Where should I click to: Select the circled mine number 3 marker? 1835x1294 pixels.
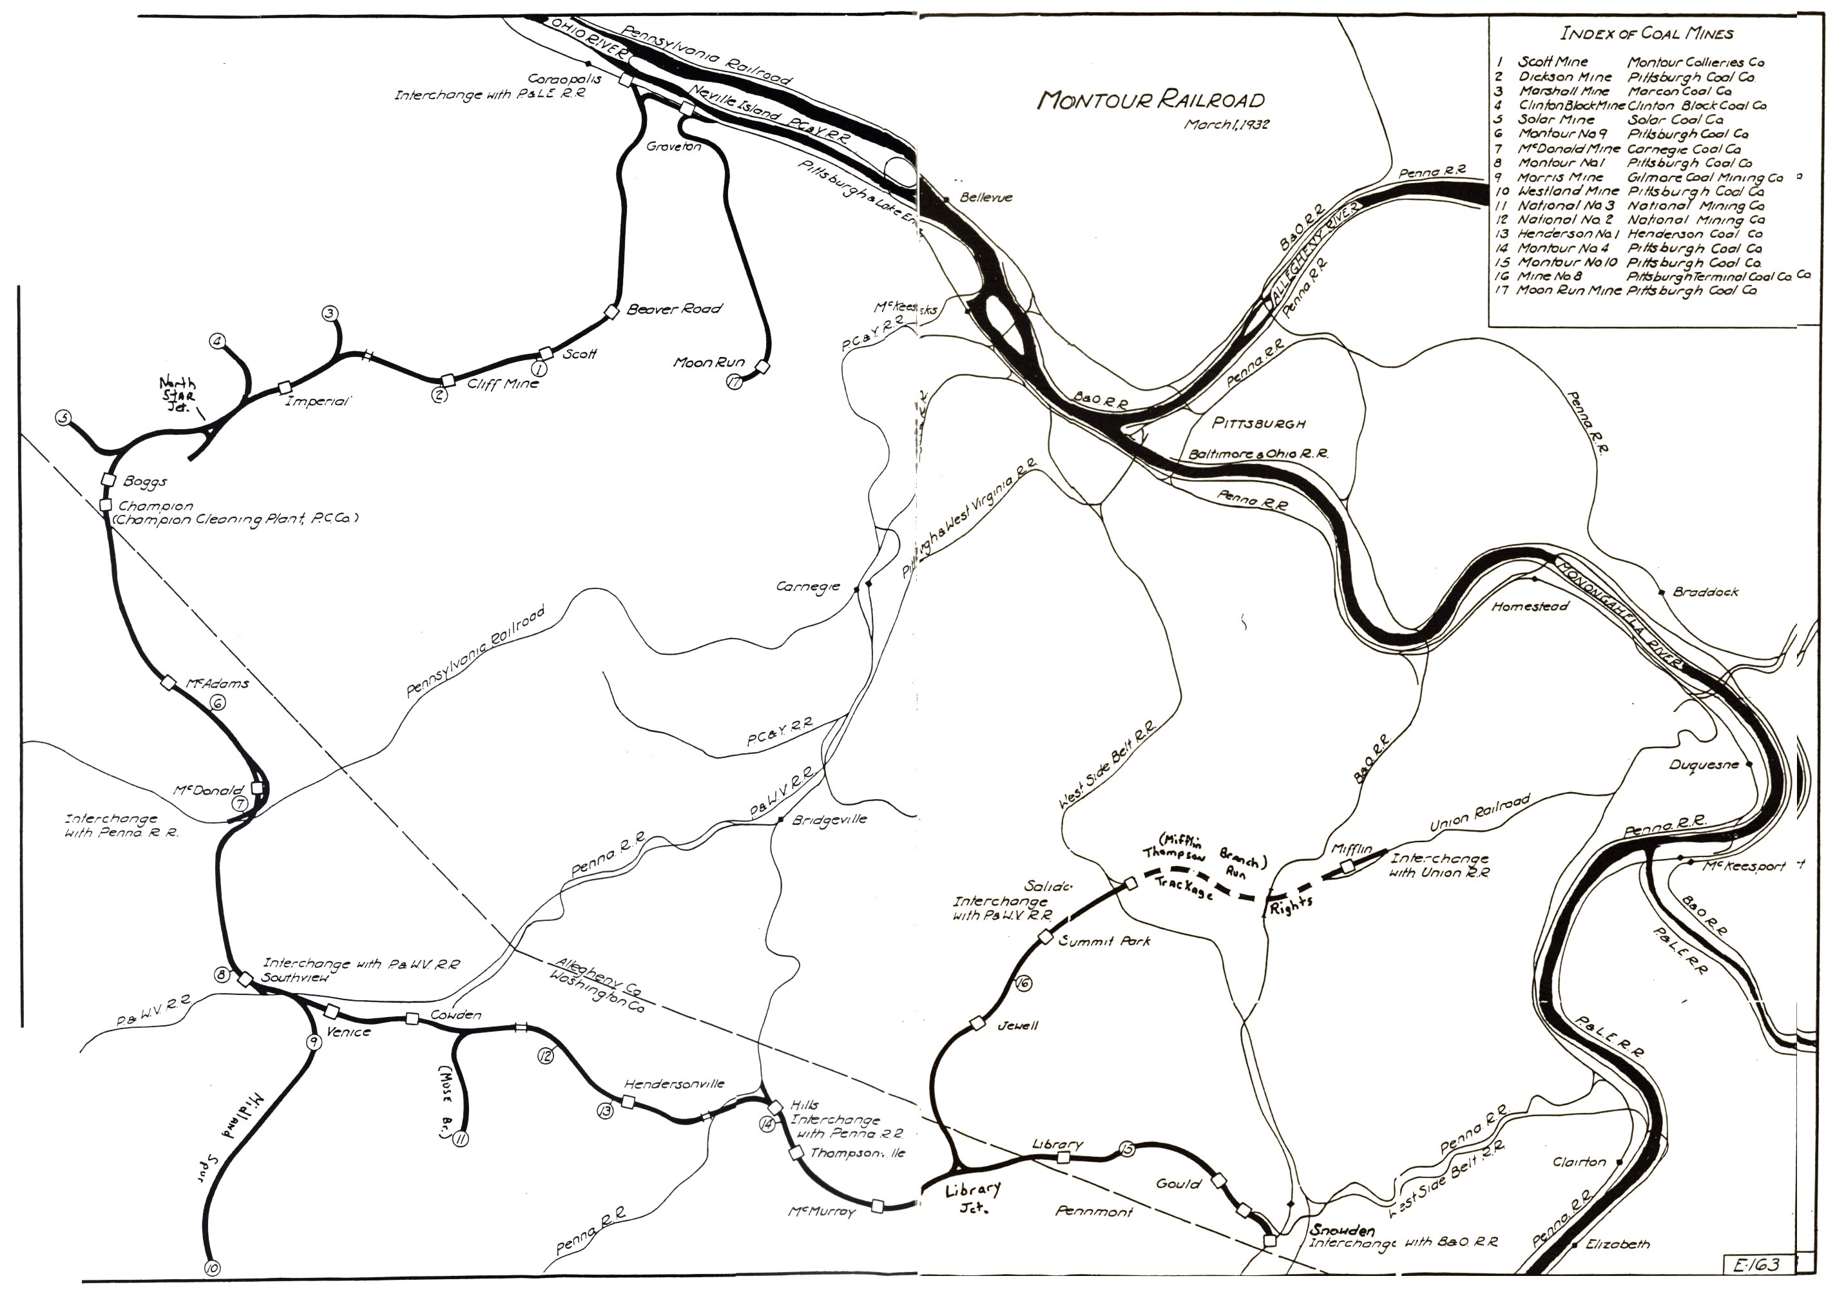click(329, 313)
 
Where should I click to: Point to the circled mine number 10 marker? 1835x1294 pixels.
click(212, 1268)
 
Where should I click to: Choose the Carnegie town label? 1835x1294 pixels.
click(808, 586)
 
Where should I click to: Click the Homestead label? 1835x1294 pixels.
click(1530, 606)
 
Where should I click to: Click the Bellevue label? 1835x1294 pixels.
click(986, 197)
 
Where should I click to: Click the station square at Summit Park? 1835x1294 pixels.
click(1045, 938)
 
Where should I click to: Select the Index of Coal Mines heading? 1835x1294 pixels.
click(1646, 34)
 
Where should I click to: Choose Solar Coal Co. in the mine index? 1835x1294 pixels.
click(1675, 120)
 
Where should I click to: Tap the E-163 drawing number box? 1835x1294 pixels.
click(1756, 1264)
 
